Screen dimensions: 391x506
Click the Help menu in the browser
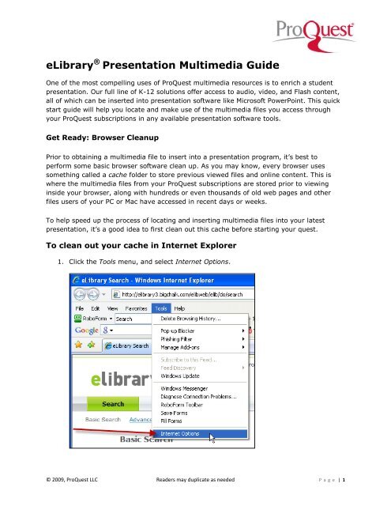[x=201, y=329]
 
